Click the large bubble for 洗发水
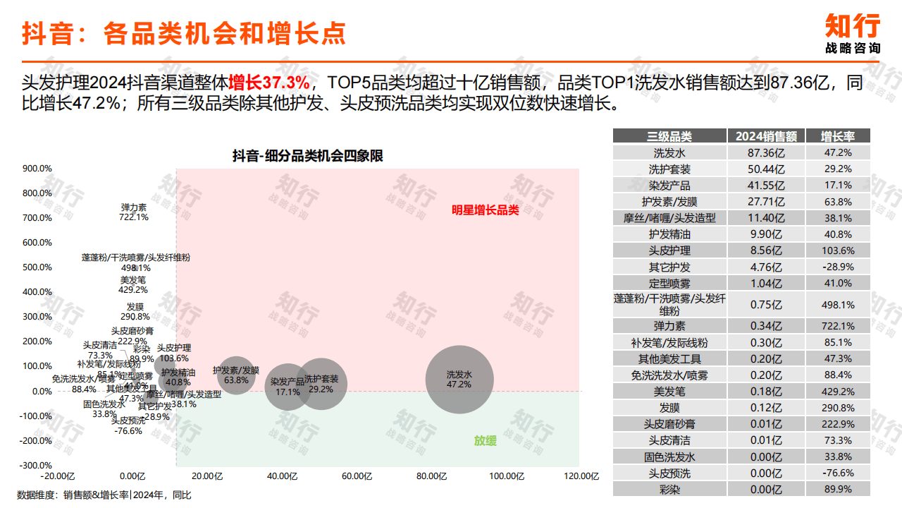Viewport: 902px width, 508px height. point(459,380)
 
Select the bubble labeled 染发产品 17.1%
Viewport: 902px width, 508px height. point(288,387)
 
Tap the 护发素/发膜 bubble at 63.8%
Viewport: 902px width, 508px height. point(236,375)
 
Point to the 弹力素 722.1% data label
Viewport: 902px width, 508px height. point(134,212)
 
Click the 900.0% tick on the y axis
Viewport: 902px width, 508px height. point(37,169)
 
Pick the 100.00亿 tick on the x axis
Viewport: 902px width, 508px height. point(506,476)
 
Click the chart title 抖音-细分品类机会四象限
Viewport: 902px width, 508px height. point(308,156)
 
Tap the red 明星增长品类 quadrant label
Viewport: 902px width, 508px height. point(486,210)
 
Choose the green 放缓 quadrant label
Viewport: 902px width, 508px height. point(485,441)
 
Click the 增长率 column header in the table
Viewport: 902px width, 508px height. point(838,136)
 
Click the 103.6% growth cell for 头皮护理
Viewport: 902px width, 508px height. point(838,250)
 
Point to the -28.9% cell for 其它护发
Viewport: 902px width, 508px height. point(838,267)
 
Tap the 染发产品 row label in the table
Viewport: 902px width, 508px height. point(669,185)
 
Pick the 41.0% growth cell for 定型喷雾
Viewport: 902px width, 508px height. point(838,283)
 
